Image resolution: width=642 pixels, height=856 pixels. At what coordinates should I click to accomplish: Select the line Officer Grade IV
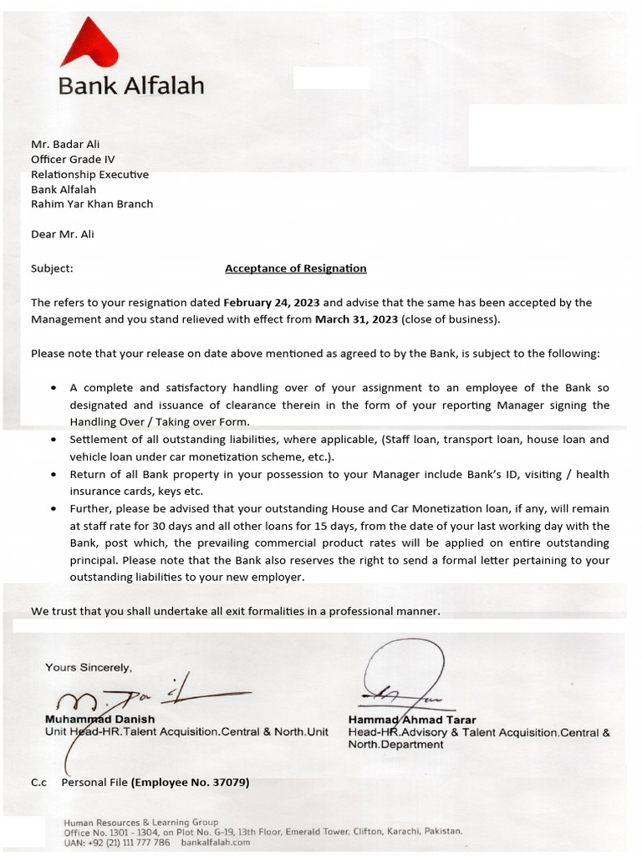pyautogui.click(x=73, y=159)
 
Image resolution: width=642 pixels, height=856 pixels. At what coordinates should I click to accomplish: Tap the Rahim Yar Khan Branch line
pyautogui.click(x=92, y=204)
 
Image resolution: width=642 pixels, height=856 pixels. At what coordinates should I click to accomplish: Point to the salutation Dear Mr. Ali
pyautogui.click(x=63, y=234)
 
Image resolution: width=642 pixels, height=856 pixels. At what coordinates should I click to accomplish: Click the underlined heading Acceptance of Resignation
pyautogui.click(x=295, y=268)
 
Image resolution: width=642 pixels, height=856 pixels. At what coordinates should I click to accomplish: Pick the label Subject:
pyautogui.click(x=52, y=268)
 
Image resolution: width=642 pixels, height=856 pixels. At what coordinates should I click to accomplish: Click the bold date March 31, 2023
pyautogui.click(x=356, y=319)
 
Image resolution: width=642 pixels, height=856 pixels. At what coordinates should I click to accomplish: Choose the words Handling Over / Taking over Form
pyautogui.click(x=159, y=422)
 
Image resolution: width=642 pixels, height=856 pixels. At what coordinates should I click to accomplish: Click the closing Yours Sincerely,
pyautogui.click(x=89, y=667)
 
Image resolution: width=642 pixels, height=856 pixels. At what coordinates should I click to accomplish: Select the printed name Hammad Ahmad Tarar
pyautogui.click(x=412, y=720)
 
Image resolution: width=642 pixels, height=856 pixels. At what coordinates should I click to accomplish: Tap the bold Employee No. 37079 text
pyautogui.click(x=191, y=782)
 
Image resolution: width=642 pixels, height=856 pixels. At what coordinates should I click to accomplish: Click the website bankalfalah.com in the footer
pyautogui.click(x=216, y=843)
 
